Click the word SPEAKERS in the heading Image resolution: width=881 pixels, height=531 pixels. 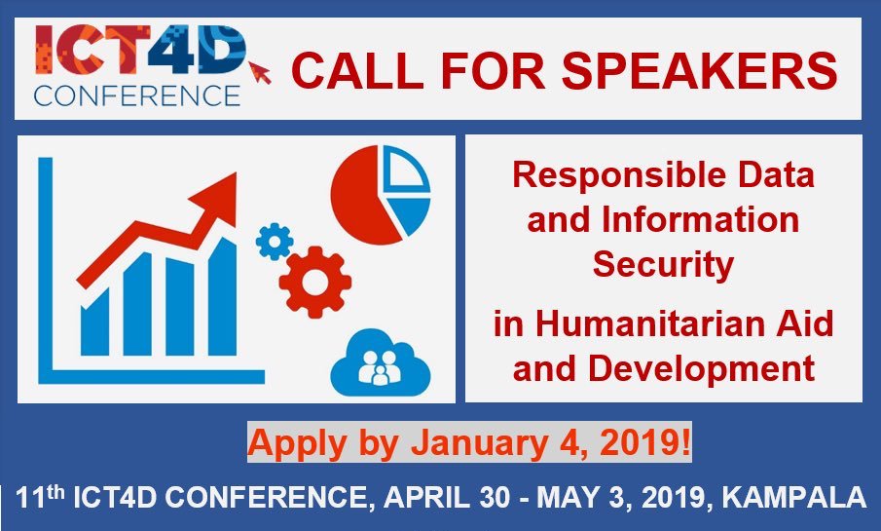[x=700, y=70]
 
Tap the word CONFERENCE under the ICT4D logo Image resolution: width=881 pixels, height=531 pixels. [x=137, y=95]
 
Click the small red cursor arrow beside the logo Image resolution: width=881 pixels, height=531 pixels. [x=260, y=72]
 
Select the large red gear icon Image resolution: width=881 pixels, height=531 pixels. [x=315, y=282]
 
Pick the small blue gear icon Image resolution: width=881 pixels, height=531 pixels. [x=275, y=242]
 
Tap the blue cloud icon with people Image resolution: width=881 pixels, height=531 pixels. [x=381, y=362]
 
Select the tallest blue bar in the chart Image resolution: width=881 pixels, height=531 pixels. [x=223, y=297]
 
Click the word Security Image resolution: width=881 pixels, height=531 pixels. [x=663, y=264]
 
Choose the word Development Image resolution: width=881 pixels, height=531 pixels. [x=701, y=369]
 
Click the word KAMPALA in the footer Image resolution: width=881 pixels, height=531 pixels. [x=794, y=498]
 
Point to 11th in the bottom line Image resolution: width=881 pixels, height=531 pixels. [x=40, y=497]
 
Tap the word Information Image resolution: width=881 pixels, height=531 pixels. [x=701, y=219]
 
